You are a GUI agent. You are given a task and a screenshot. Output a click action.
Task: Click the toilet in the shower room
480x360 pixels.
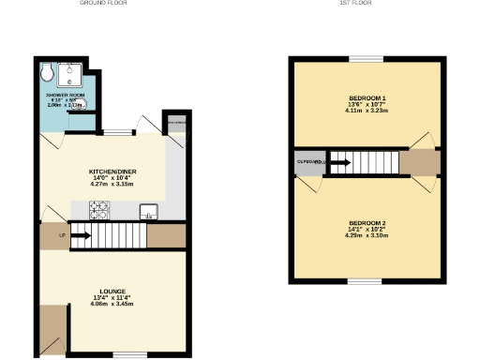coord(49,71)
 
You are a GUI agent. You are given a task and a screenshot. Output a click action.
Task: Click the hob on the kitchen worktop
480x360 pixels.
coord(98,211)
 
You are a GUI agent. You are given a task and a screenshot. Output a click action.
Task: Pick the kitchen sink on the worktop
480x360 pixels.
coord(148,211)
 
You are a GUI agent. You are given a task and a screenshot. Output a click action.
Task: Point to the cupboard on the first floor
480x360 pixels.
coord(309,163)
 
